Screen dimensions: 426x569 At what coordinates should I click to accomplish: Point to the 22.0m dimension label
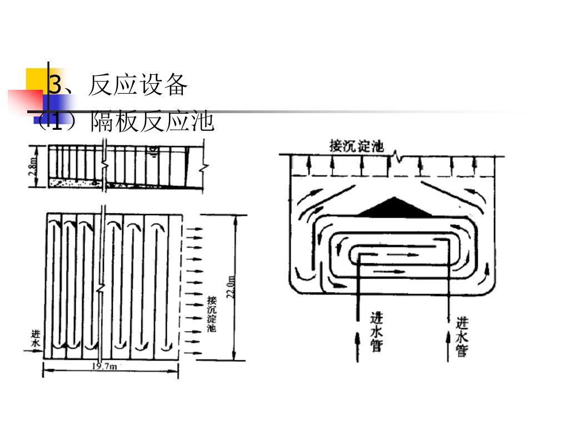click(x=231, y=287)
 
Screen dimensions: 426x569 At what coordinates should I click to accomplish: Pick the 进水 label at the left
click(x=36, y=339)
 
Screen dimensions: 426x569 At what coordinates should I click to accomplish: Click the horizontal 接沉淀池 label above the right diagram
click(x=356, y=146)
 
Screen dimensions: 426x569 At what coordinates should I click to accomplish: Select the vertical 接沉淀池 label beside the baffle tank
click(x=211, y=314)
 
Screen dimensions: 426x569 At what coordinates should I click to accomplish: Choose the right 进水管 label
click(x=462, y=336)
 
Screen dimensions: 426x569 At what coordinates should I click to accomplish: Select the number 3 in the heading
click(x=54, y=85)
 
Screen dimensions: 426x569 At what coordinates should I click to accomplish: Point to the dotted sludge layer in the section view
click(x=72, y=181)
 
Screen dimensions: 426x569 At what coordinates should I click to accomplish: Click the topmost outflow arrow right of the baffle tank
click(x=192, y=228)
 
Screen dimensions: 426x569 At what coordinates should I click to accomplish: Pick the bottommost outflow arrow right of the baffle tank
click(x=192, y=352)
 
